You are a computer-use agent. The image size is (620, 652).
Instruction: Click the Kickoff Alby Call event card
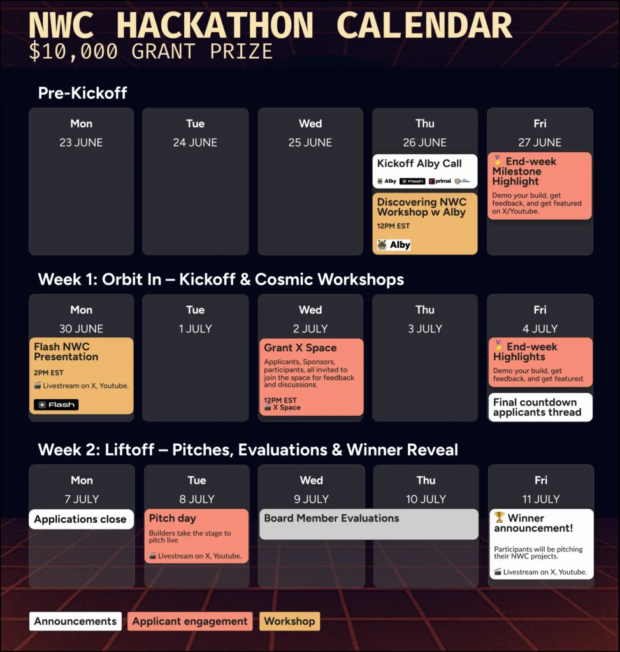pos(424,171)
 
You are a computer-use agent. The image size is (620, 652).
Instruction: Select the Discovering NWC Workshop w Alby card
pos(424,223)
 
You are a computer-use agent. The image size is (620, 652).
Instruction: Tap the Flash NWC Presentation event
pos(81,375)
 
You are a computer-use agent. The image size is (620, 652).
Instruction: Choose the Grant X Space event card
pos(310,376)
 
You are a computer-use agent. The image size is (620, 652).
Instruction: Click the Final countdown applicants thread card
pos(540,407)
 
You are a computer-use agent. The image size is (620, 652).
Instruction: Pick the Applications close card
pos(81,519)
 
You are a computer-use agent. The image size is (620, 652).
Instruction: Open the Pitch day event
pos(196,535)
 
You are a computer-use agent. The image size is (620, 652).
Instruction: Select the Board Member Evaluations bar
pos(368,523)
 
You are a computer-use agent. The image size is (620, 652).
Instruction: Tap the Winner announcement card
pos(540,544)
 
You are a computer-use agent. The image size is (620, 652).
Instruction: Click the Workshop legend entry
pos(289,621)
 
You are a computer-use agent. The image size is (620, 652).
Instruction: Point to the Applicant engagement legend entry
pos(190,621)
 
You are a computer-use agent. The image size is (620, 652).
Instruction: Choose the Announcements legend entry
pos(75,621)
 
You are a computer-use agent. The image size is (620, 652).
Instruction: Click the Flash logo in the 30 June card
pos(56,404)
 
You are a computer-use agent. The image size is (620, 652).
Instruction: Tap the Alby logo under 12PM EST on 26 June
pos(394,244)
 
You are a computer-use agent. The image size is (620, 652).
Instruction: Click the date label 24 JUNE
pos(195,143)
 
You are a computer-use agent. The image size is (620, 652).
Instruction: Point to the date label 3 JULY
pos(425,329)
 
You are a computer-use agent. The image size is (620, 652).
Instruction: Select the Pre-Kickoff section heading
pos(83,93)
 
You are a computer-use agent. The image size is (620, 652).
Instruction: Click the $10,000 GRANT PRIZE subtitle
pos(150,51)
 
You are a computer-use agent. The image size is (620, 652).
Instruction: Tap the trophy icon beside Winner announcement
pos(499,518)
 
